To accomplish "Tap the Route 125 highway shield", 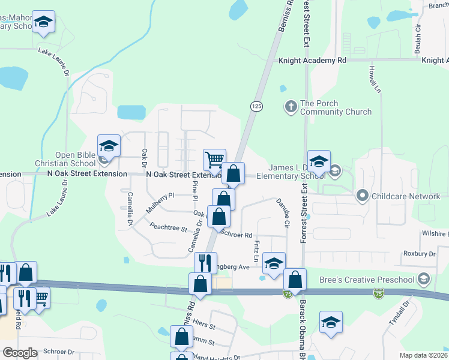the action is point(256,106).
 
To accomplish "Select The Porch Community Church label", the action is point(335,107).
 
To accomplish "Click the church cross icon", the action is point(291,107).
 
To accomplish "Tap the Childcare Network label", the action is point(406,196).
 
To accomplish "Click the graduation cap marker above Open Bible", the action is point(109,146).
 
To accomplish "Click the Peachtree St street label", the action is point(169,228).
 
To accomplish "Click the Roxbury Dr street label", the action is point(419,254).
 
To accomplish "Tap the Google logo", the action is point(20,353).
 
